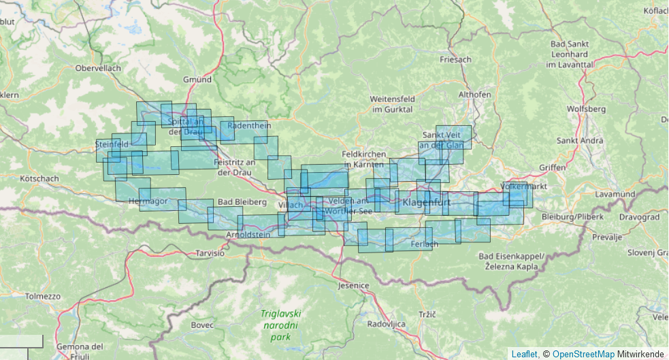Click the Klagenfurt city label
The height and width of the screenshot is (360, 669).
[x=427, y=203]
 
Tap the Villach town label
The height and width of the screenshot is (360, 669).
[x=291, y=206]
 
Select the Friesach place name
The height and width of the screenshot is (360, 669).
[x=455, y=59]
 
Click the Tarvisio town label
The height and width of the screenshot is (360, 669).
[x=210, y=252]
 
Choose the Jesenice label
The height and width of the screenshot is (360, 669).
[x=353, y=285]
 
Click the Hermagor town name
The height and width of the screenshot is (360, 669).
[x=148, y=201]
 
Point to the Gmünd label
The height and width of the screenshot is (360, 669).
[x=197, y=80]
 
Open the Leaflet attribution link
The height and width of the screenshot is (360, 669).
[x=523, y=354]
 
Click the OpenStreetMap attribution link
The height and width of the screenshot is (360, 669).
[x=583, y=354]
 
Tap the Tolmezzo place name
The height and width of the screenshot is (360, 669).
[x=43, y=297]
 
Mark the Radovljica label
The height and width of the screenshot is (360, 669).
[x=387, y=323]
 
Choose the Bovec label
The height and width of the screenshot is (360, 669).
[x=202, y=325]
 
